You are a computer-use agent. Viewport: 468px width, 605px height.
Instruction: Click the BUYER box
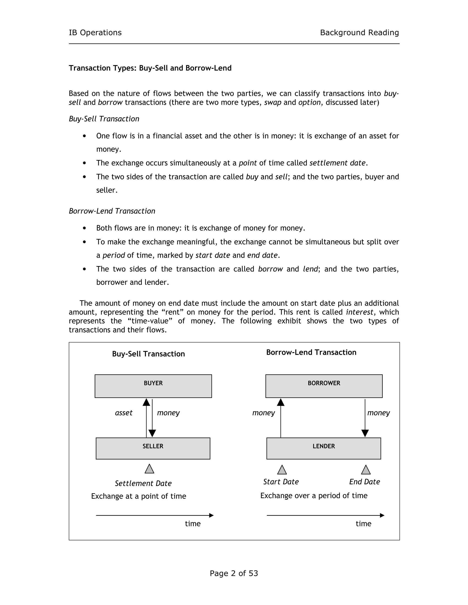[153, 386]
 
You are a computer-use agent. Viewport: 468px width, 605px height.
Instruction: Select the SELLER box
[153, 448]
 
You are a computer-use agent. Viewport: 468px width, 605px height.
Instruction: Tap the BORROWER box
[324, 386]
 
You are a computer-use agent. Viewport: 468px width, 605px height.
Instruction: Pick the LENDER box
[324, 448]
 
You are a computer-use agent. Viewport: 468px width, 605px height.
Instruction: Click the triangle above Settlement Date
[149, 469]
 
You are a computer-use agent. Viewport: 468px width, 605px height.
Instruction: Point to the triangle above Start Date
[282, 470]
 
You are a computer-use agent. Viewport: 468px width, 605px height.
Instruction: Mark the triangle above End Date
[366, 470]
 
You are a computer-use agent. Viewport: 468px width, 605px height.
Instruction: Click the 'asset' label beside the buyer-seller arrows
[124, 413]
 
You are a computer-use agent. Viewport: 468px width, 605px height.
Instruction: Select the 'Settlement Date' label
[143, 483]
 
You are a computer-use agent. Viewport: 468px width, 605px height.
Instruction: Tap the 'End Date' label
[364, 482]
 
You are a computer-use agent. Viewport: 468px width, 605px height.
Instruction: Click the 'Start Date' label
[281, 482]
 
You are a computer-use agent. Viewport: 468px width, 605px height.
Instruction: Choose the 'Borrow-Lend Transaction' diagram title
[311, 352]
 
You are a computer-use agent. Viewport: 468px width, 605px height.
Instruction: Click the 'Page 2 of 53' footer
[234, 573]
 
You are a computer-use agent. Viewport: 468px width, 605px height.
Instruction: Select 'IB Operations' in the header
[95, 33]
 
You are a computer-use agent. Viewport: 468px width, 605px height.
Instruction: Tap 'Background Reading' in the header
[359, 33]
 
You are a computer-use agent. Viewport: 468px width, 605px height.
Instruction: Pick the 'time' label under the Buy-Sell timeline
[193, 523]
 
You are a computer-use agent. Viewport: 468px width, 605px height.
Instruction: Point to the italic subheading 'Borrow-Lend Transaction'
[112, 211]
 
